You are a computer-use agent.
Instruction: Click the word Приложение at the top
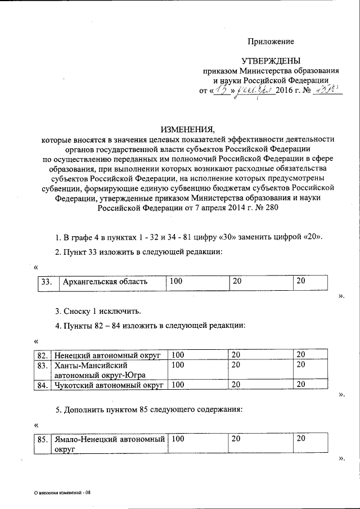coord(272,42)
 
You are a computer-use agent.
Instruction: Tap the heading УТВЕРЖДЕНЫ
coord(271,61)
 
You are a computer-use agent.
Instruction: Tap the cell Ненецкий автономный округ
coord(107,355)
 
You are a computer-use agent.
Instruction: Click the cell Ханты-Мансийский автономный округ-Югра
coord(107,370)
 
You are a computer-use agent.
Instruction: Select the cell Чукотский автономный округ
coord(107,385)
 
